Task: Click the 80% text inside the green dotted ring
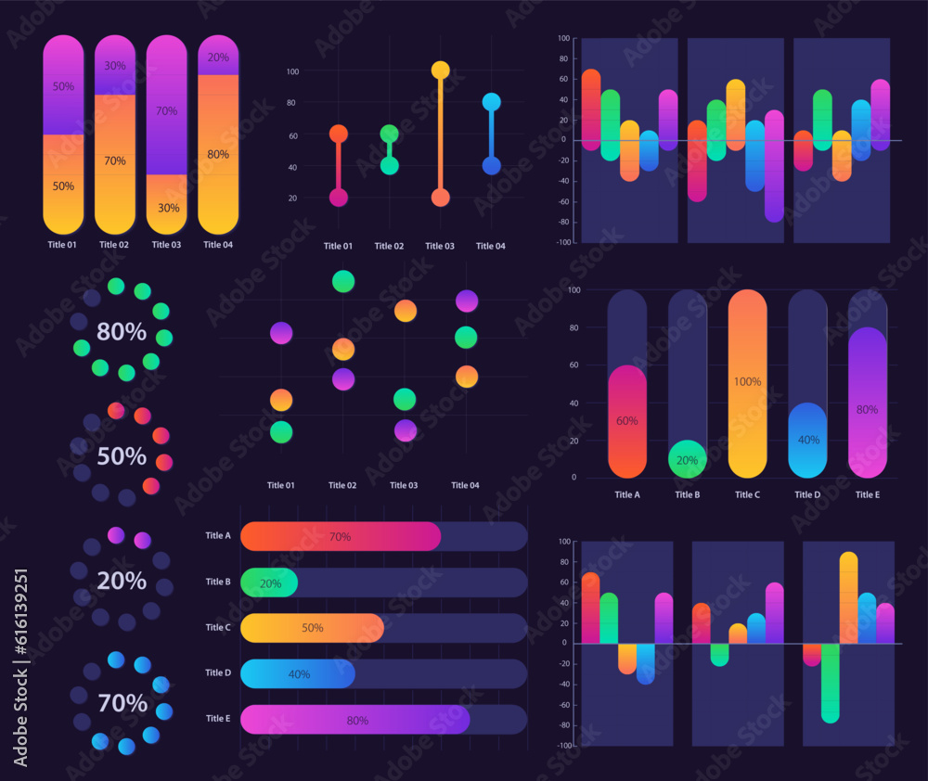tap(122, 331)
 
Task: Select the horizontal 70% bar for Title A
tap(341, 536)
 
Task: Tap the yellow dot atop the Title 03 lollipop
tap(441, 70)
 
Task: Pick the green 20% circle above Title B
tap(688, 459)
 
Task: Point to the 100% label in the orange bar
tap(747, 381)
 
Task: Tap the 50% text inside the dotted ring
tap(122, 456)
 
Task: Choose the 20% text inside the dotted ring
tap(122, 581)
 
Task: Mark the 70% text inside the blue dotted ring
tap(122, 703)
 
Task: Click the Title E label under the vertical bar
tap(868, 494)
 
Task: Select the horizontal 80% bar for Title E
tap(355, 720)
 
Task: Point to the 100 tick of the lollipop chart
tap(293, 71)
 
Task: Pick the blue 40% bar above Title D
tap(808, 441)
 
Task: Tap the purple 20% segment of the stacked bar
tap(218, 57)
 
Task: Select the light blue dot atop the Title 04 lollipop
tap(491, 102)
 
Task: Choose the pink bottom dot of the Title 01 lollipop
tap(339, 198)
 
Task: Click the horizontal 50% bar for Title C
tap(312, 628)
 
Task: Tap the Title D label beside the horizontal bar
tap(217, 672)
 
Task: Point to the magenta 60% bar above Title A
tap(627, 422)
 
